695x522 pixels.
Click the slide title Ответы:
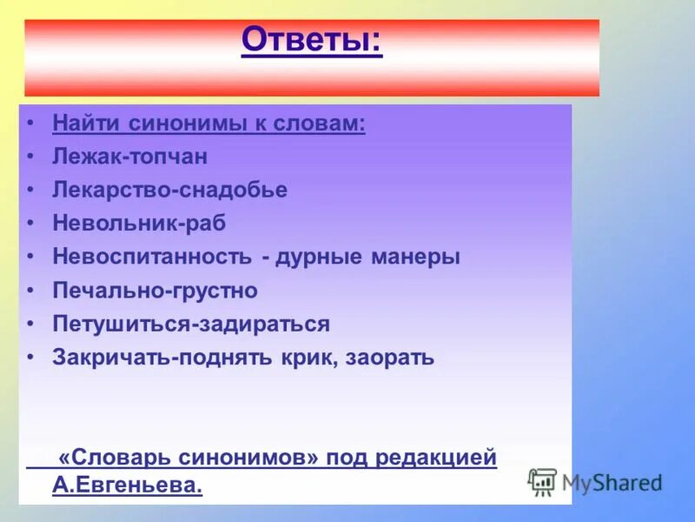point(311,39)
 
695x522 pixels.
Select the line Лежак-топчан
point(129,157)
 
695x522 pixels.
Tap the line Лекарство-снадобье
point(169,191)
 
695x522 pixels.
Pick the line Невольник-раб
point(139,224)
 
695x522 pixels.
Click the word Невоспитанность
point(153,258)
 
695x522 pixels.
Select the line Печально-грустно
point(155,291)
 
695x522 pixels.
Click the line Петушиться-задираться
point(191,325)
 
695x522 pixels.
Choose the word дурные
point(312,258)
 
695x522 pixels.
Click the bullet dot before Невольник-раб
point(31,224)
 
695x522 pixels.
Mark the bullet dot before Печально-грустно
point(31,291)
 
